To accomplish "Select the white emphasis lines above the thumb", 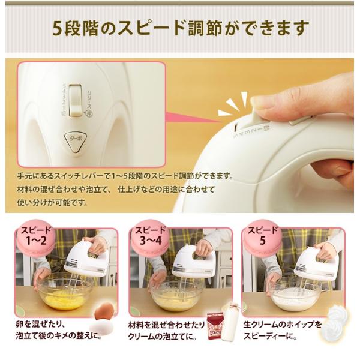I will (x=231, y=106).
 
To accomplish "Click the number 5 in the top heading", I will (x=58, y=27).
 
